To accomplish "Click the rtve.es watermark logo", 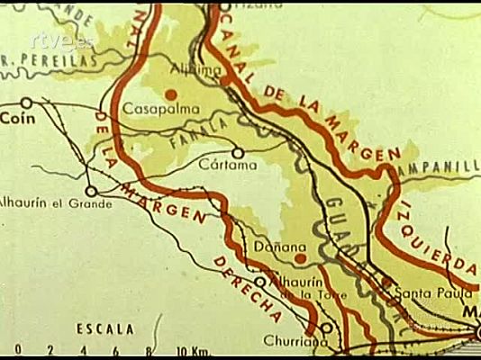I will [x=61, y=40].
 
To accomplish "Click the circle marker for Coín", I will [x=27, y=103].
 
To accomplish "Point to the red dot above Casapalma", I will [x=169, y=93].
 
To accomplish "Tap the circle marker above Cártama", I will [x=238, y=152].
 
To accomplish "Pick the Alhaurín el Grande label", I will [x=54, y=203].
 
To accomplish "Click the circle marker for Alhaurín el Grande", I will [x=91, y=191].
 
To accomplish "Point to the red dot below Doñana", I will [x=300, y=259].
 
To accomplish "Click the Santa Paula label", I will [x=440, y=292].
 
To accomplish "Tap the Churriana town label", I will [x=290, y=341].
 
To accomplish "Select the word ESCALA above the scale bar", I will [x=105, y=329].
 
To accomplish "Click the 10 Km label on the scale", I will [x=194, y=350].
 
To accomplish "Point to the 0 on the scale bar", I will [x=18, y=350].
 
